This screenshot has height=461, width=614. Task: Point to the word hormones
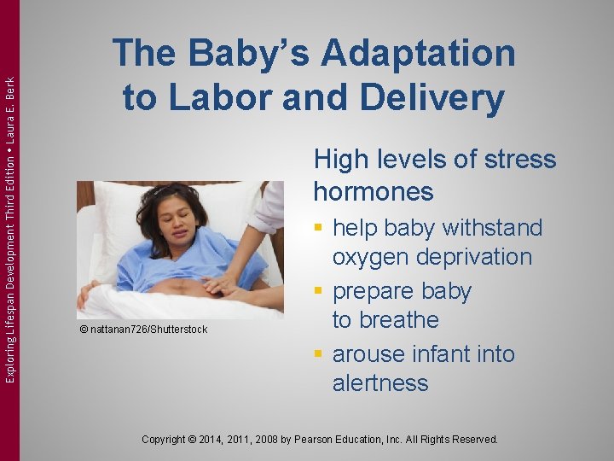[374, 191]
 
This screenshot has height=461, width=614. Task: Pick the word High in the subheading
[340, 160]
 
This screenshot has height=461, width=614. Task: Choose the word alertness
[380, 383]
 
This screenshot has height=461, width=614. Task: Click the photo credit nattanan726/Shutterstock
[142, 330]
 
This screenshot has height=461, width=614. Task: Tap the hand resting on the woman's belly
[222, 282]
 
